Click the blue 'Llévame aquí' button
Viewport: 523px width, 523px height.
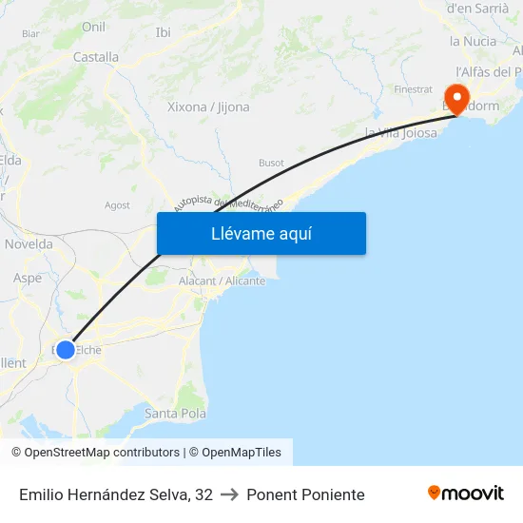[x=261, y=234]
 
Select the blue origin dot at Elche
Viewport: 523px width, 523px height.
[x=65, y=350]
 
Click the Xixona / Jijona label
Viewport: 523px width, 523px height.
[x=208, y=107]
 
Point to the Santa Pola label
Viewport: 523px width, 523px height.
[x=175, y=413]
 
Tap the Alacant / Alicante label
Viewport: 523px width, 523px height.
[x=222, y=281]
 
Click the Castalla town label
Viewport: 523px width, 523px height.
[x=96, y=57]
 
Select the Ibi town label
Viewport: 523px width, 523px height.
[x=163, y=32]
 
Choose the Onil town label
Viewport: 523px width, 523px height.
[x=93, y=27]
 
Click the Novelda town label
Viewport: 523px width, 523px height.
[x=29, y=244]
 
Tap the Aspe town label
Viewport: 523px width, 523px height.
[x=28, y=279]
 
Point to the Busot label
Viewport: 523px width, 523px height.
[x=271, y=163]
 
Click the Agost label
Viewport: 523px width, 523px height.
[x=117, y=204]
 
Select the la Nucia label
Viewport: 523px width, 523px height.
[x=473, y=41]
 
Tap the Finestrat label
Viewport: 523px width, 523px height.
[x=413, y=89]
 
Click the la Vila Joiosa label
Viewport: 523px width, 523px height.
[x=401, y=133]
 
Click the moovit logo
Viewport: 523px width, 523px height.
[x=466, y=494]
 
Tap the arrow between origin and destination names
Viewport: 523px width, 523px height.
[x=229, y=494]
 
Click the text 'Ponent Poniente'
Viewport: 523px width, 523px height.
[x=305, y=494]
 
